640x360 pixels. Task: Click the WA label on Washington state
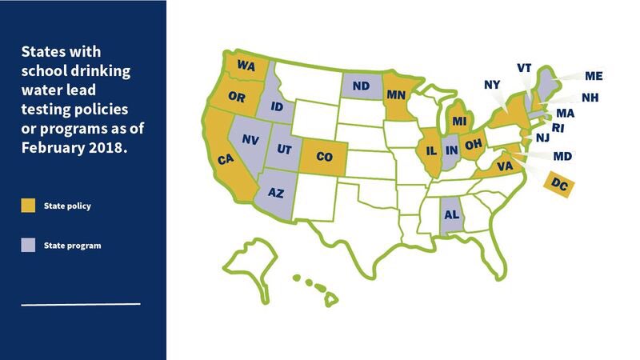[246, 66]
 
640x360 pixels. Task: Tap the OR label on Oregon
[237, 98]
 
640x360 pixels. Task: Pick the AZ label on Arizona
[275, 193]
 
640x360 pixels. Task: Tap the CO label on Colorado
[324, 157]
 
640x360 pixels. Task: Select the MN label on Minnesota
[397, 94]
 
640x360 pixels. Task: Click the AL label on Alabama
[450, 214]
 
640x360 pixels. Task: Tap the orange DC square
[557, 183]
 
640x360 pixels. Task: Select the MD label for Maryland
[562, 156]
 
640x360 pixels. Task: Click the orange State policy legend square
[28, 206]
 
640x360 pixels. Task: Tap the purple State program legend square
[28, 245]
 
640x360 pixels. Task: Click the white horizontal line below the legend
[81, 304]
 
